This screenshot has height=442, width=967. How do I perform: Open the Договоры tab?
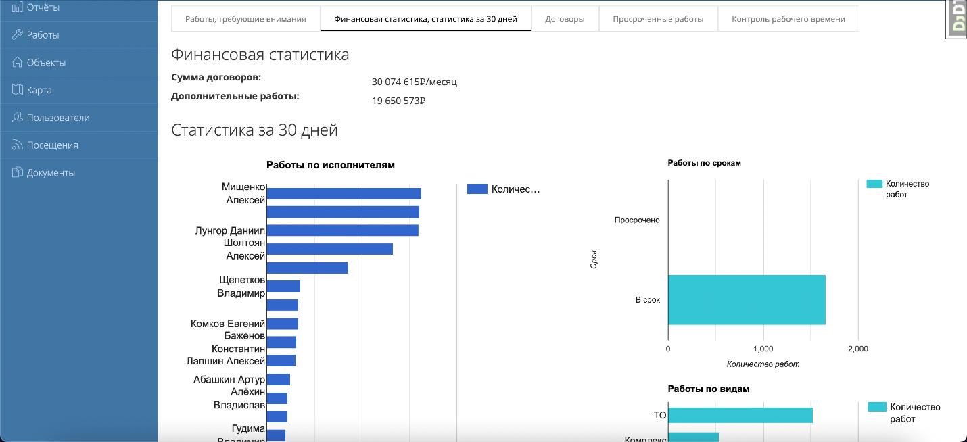[x=565, y=19]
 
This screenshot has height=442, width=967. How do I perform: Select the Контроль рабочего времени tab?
[x=788, y=19]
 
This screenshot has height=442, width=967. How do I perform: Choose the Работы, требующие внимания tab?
[x=245, y=19]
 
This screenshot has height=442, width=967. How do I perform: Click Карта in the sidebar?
[x=39, y=90]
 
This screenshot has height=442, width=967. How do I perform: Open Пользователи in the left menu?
[x=58, y=118]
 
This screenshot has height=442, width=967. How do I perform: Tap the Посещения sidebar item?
[x=52, y=145]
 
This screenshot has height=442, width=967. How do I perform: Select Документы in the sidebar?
[x=51, y=173]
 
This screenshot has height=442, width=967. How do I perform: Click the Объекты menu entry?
[x=46, y=63]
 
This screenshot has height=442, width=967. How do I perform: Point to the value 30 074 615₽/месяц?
[x=414, y=82]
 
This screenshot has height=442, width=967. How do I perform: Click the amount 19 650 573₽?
[x=398, y=101]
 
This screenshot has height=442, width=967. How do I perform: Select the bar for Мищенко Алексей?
[x=344, y=193]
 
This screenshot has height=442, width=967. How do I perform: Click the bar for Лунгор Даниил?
[x=342, y=230]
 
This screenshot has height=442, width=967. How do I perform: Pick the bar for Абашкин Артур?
[x=279, y=379]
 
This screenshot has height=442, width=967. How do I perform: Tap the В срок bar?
[x=747, y=300]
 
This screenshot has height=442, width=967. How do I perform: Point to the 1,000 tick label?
[x=762, y=349]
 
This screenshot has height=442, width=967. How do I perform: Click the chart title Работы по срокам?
[x=704, y=163]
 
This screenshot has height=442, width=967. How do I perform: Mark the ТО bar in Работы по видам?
[x=740, y=415]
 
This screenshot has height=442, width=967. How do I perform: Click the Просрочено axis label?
[x=637, y=220]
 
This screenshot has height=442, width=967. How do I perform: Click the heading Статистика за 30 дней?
[x=254, y=130]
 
